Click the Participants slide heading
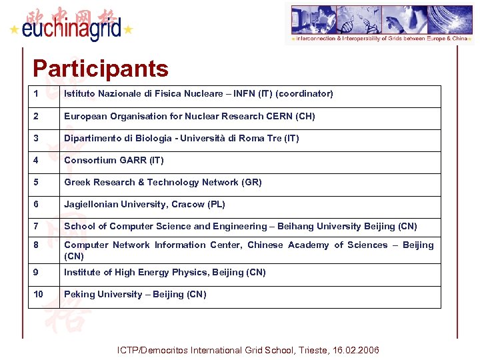coord(100,68)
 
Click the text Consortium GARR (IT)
coord(113,161)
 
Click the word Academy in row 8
coord(309,245)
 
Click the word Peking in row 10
coord(79,295)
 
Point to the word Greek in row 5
coord(77,183)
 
